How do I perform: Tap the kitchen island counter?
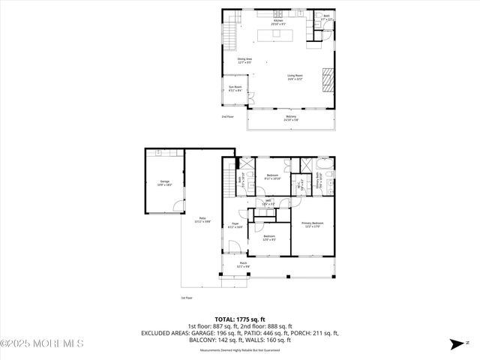click(276, 35)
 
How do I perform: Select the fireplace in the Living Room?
click(326, 78)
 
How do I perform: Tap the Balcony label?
click(291, 118)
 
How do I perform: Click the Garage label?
click(164, 183)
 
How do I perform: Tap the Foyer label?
click(235, 225)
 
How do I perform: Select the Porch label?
click(265, 264)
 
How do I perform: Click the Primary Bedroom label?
click(313, 224)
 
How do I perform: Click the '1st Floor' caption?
click(187, 298)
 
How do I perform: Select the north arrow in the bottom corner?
click(457, 345)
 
